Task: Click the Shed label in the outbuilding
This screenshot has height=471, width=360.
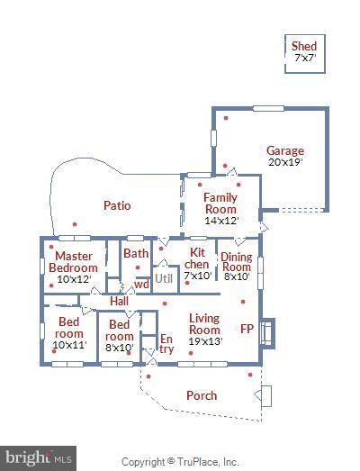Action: (x=304, y=46)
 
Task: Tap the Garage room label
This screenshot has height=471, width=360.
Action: (x=284, y=151)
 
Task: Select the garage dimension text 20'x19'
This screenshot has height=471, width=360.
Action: (x=284, y=163)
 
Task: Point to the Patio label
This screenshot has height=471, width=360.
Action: (x=117, y=205)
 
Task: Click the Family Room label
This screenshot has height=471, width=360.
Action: (x=220, y=204)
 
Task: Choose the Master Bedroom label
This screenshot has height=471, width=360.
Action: (x=73, y=261)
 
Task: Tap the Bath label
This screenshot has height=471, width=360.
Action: (x=136, y=253)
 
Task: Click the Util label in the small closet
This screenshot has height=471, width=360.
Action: (x=163, y=278)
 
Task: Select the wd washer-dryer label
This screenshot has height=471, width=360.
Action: (x=140, y=285)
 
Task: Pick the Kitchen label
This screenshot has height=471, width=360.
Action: (x=196, y=258)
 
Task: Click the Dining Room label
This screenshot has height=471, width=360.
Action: (x=236, y=261)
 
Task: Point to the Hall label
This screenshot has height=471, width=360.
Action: (x=119, y=301)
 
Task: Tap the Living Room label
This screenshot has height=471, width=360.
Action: (x=204, y=323)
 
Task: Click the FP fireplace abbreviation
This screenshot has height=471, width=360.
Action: (x=247, y=329)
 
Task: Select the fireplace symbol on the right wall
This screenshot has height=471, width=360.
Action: (x=266, y=332)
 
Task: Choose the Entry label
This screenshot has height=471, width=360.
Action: (x=166, y=343)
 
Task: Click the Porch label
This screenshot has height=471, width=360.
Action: (x=202, y=395)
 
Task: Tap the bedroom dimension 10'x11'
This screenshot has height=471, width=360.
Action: (x=68, y=345)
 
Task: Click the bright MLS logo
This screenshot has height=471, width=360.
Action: (x=37, y=458)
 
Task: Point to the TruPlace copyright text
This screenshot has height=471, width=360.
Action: (x=180, y=462)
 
